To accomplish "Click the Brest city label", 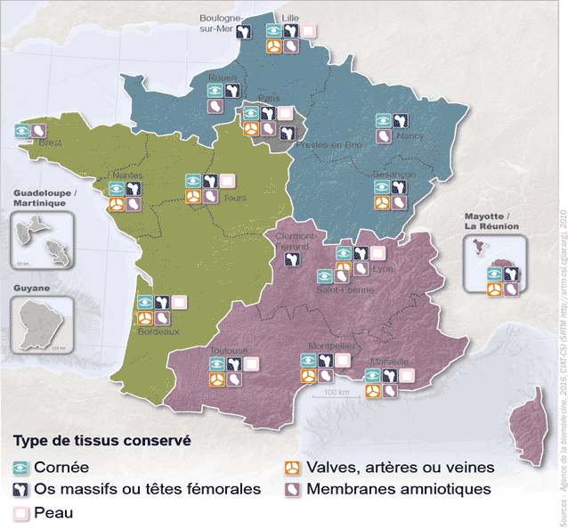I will (x=50, y=143).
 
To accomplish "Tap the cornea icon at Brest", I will (x=22, y=130).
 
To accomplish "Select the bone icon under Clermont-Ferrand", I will (x=291, y=260).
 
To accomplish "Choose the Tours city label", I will (x=235, y=198).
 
